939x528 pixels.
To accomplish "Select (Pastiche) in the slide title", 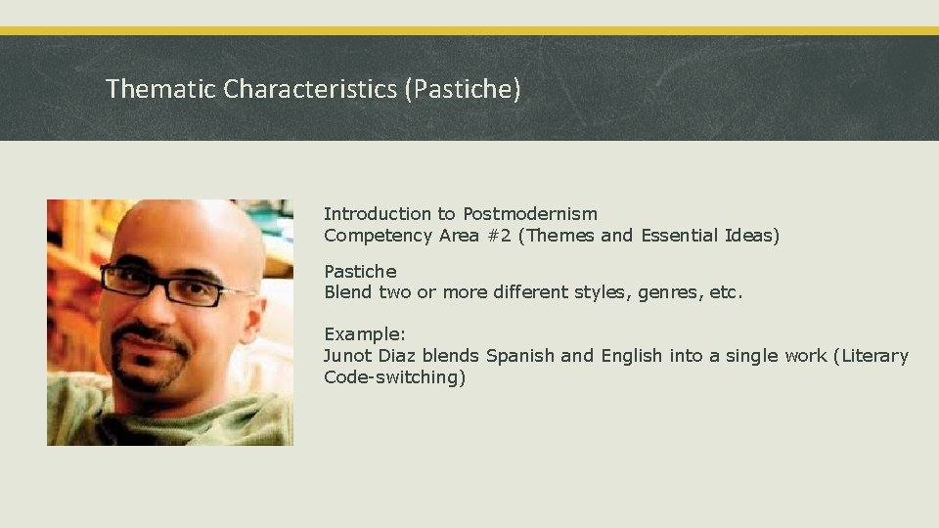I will coord(462,89).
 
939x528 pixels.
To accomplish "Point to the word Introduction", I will coord(377,213).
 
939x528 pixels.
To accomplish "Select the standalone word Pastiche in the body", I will coord(360,271).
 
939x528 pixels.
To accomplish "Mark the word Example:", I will coord(365,333).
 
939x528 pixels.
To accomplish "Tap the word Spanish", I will coord(520,356).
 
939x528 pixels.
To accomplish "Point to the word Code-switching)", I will coord(394,377).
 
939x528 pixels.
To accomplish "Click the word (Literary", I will coord(870,356).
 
